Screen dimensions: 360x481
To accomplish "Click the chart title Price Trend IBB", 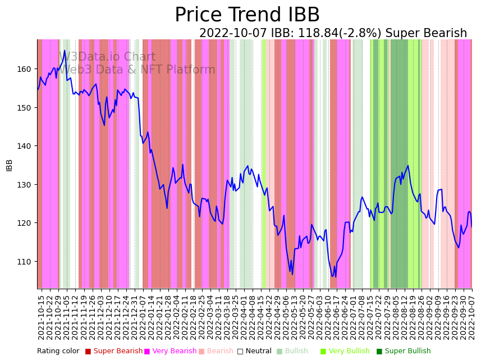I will coord(247,15).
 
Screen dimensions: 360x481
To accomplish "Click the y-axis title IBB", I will coord(10,165).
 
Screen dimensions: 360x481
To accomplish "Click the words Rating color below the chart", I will coord(58,351).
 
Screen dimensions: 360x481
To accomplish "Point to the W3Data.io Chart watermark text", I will coord(107,57).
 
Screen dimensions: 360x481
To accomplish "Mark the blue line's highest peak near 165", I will coord(65,51).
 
